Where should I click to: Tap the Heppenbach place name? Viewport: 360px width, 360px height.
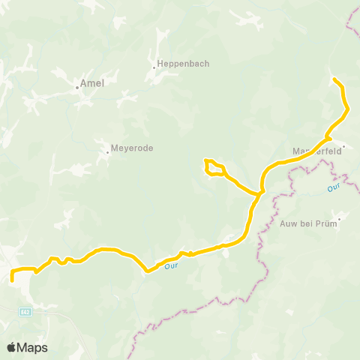[x=177, y=64]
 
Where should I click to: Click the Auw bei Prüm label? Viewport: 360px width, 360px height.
[x=308, y=223]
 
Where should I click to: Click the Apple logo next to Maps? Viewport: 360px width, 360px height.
[x=11, y=347]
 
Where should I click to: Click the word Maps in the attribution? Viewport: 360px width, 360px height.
[x=33, y=347]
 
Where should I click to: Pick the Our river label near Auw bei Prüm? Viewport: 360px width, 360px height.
[x=334, y=190]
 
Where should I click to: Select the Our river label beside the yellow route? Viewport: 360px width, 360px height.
[x=169, y=265]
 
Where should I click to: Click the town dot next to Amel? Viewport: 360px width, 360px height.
[x=77, y=87]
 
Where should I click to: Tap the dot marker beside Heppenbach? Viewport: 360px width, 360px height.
[x=154, y=67]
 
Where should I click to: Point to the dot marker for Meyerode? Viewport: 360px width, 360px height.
[x=108, y=151]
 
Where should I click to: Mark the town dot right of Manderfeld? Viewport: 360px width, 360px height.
[x=343, y=147]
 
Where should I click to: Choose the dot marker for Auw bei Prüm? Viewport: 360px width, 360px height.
[x=339, y=220]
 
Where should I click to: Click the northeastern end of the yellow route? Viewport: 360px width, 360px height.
[x=333, y=79]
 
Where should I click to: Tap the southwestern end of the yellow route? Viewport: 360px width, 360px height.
[x=12, y=280]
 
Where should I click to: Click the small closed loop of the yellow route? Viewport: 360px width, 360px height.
[x=214, y=168]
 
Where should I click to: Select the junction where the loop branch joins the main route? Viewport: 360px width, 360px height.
[x=259, y=193]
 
